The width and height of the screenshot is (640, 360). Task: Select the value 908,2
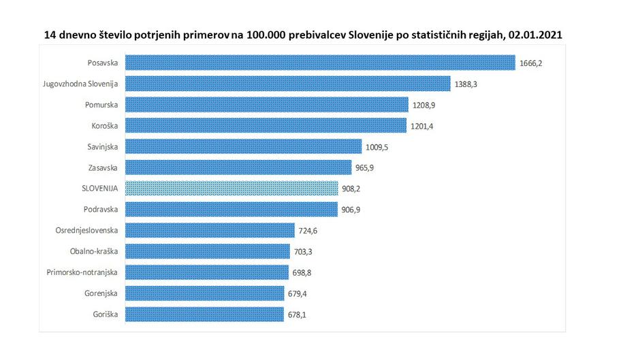coord(353,189)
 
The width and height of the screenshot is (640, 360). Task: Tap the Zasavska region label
coord(102,167)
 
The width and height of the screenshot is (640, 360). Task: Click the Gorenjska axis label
coord(100,293)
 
